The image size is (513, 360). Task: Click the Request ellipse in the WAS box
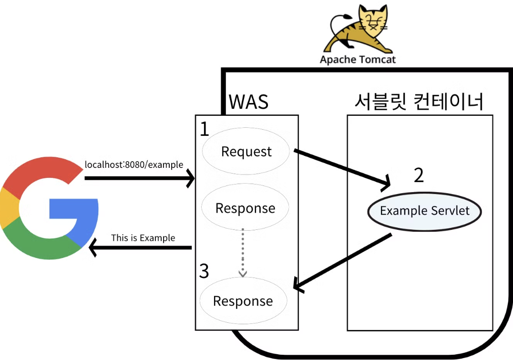pyautogui.click(x=246, y=152)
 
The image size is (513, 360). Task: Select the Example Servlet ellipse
pyautogui.click(x=424, y=211)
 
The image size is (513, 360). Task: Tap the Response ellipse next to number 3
pyautogui.click(x=243, y=301)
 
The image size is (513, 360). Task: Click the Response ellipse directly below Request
pyautogui.click(x=245, y=208)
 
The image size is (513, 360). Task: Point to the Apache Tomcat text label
pyautogui.click(x=358, y=60)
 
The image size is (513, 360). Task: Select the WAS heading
pyautogui.click(x=248, y=102)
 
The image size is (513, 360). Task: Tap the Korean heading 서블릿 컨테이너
pyautogui.click(x=419, y=101)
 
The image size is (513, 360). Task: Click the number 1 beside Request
pyautogui.click(x=204, y=129)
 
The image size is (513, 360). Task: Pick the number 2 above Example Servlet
pyautogui.click(x=418, y=175)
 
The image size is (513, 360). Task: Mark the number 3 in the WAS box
pyautogui.click(x=204, y=271)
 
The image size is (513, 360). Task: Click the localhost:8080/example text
pyautogui.click(x=134, y=165)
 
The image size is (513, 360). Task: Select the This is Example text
pyautogui.click(x=143, y=237)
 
